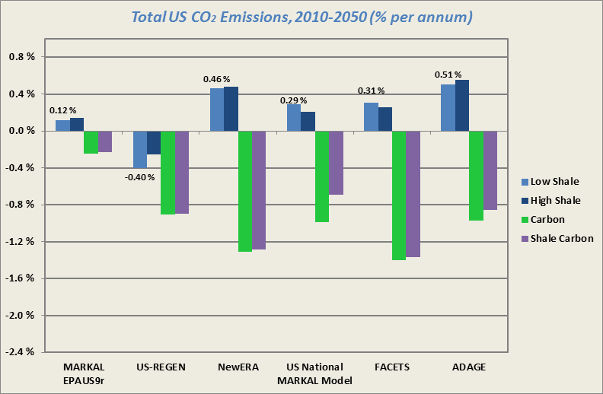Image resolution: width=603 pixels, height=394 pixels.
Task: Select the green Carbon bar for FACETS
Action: (x=399, y=195)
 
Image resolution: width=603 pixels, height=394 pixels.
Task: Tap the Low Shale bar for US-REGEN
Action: (x=140, y=149)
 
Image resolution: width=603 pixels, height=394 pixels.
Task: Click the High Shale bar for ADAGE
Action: (x=462, y=106)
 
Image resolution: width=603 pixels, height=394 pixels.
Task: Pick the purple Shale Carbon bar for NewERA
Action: (x=259, y=190)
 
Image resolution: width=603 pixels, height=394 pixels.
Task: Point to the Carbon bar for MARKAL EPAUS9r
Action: (x=91, y=142)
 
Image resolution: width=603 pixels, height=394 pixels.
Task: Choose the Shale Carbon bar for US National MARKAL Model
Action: (x=336, y=163)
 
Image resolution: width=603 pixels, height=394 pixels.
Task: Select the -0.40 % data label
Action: (x=139, y=177)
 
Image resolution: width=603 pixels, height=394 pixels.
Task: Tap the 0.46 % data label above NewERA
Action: (x=217, y=79)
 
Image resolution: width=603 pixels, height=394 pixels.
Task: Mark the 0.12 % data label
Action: (x=63, y=110)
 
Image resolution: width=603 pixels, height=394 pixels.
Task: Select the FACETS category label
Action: (x=392, y=367)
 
